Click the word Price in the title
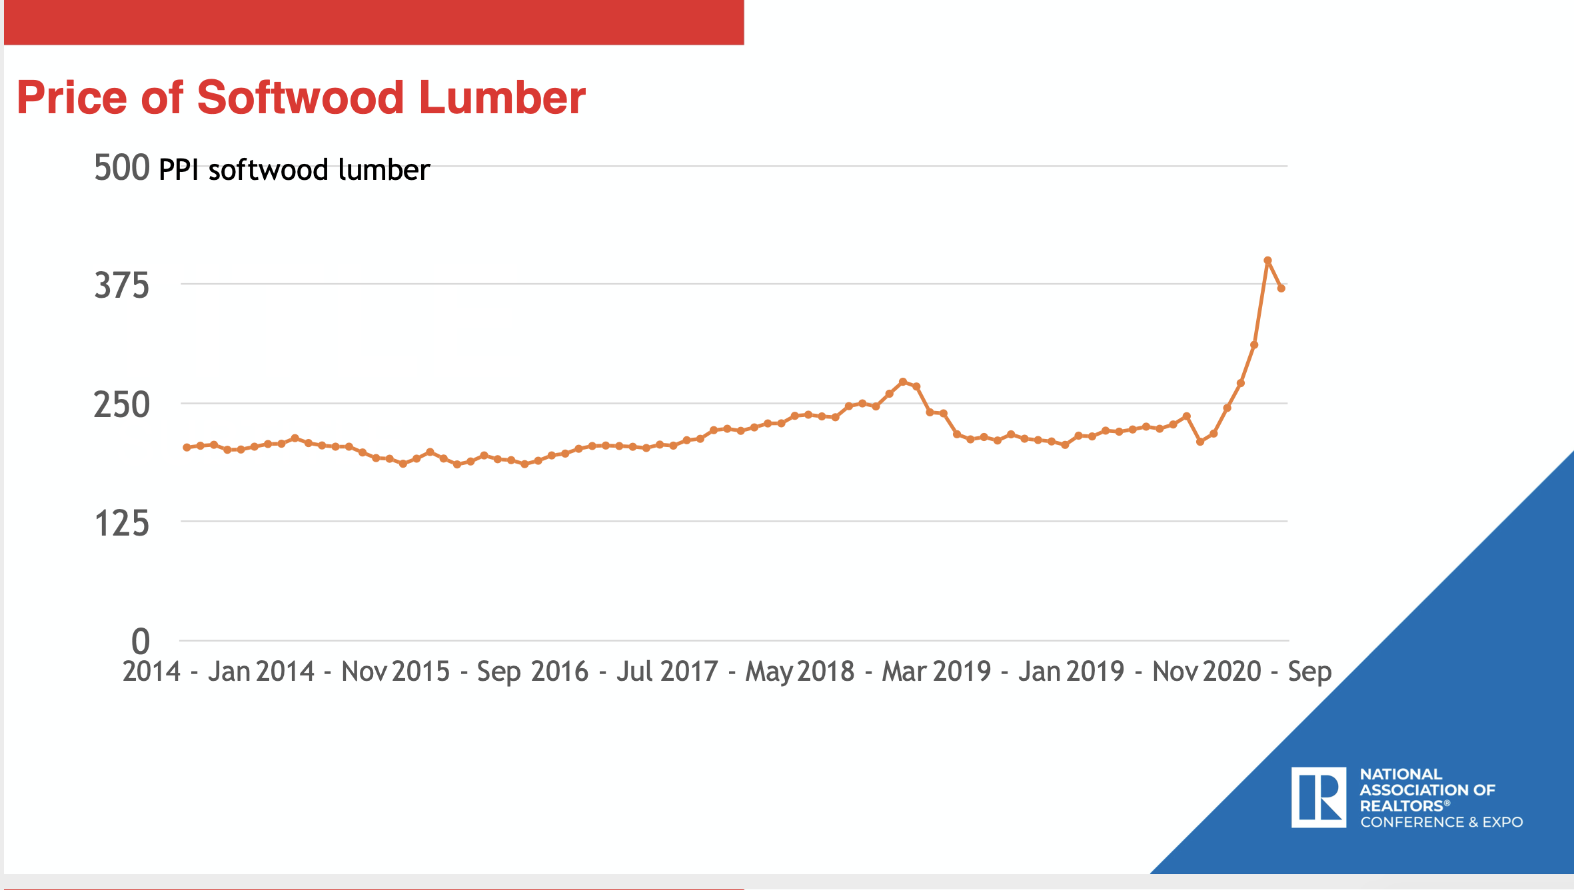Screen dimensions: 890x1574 click(71, 98)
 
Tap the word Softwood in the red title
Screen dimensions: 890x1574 click(300, 98)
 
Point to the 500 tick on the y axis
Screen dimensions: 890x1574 click(121, 167)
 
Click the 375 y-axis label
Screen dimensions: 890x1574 click(121, 286)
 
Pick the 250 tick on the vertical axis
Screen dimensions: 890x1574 click(121, 405)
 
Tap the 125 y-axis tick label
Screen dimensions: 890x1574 click(121, 524)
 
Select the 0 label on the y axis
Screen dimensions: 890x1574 click(140, 642)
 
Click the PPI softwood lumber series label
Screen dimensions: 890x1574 click(294, 170)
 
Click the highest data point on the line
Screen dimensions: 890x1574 click(1267, 260)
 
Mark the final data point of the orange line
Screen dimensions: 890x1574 click(1281, 288)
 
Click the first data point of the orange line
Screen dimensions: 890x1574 click(187, 448)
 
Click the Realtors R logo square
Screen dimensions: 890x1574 click(1318, 797)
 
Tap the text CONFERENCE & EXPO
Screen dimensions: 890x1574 click(1441, 822)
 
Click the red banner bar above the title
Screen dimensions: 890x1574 click(373, 22)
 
